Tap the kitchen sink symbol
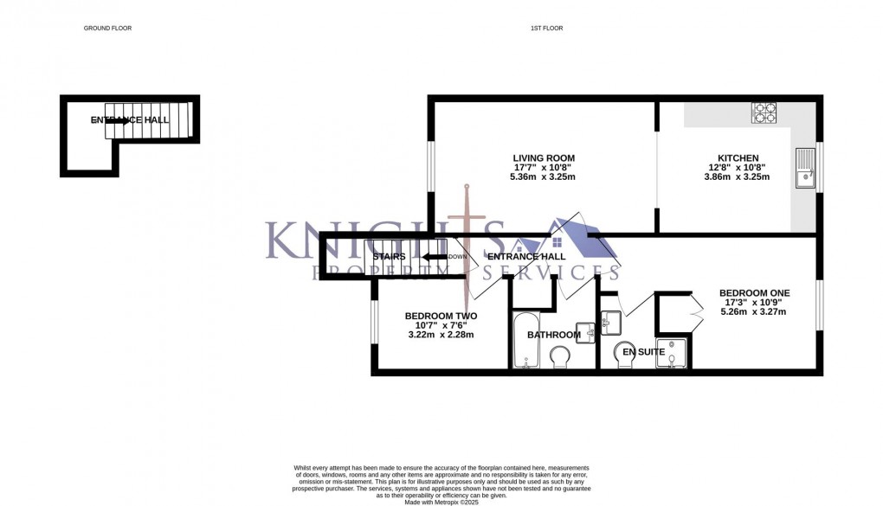(x=805, y=168)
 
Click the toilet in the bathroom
(x=560, y=356)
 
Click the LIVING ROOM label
(x=544, y=157)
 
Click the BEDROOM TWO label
(x=441, y=316)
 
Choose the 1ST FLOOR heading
(x=546, y=29)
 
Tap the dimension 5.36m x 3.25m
(x=544, y=176)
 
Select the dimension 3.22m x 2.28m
(x=441, y=335)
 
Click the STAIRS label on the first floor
(x=389, y=257)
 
